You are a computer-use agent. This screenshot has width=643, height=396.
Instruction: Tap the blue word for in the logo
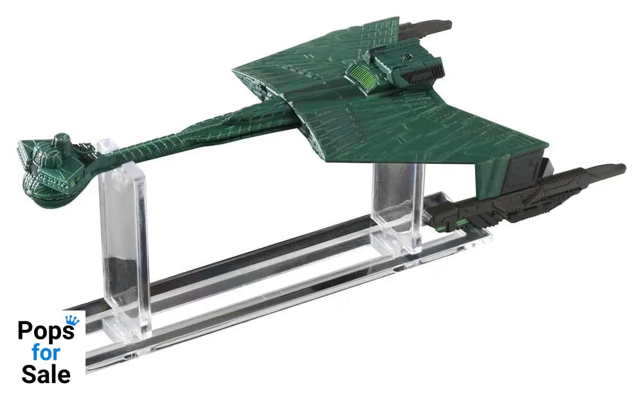pyautogui.click(x=46, y=352)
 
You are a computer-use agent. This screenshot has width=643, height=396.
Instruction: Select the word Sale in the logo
pyautogui.click(x=46, y=374)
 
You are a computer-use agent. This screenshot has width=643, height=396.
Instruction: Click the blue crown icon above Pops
pyautogui.click(x=72, y=320)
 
